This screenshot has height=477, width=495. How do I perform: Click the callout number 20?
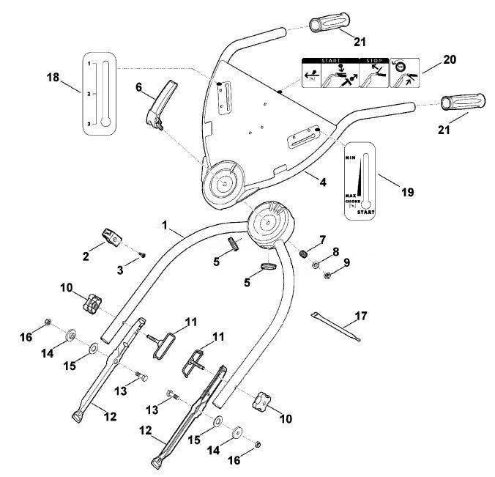point(450,59)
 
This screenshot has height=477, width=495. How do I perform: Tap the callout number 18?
point(53,77)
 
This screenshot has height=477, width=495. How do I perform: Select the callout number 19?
point(407,192)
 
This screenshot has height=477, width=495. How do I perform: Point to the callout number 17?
point(361,316)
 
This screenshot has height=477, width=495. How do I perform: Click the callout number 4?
point(323,182)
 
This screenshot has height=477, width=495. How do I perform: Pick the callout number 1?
point(164,225)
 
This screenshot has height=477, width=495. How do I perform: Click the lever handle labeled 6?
point(162,105)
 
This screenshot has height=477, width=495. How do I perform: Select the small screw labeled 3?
point(143,255)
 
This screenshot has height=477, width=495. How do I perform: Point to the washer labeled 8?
point(315,265)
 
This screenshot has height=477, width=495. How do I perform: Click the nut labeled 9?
point(327,276)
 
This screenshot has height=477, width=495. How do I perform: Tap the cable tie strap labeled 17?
point(335,327)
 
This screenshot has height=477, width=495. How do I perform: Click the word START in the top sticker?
point(330,60)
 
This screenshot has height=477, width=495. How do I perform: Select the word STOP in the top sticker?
point(374,60)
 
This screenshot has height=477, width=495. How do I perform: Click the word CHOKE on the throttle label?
point(353,201)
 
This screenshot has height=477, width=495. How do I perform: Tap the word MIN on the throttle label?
point(351,158)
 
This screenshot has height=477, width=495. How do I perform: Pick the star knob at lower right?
point(261,400)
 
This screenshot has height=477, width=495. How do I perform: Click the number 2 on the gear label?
point(89,94)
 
